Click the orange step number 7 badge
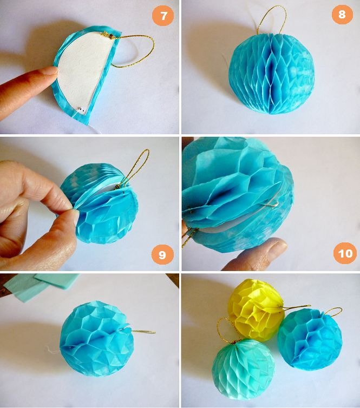pos(163,16)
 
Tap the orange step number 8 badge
pos(342,14)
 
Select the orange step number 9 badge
pos(163,254)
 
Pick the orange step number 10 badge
pos(345,253)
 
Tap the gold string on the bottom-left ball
pos(142,332)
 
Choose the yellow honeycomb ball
pos(257,310)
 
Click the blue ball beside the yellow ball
pos(310,338)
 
